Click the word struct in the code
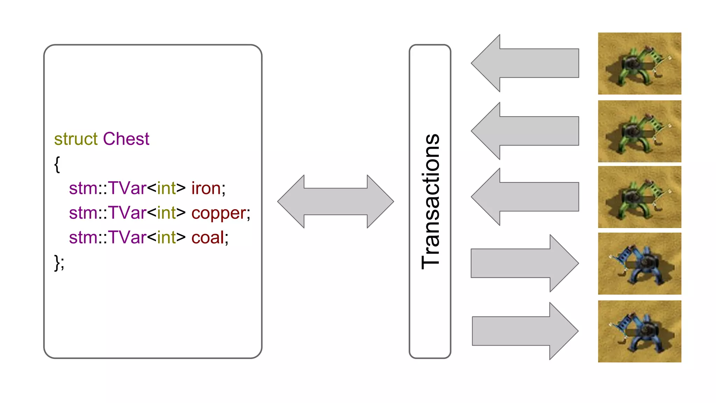(76, 139)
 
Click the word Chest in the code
(126, 139)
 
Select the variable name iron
(206, 188)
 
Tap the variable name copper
(219, 213)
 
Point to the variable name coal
(208, 238)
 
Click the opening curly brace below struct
(57, 164)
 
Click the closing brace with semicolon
(59, 262)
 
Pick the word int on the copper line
(166, 213)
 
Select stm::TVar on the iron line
(107, 188)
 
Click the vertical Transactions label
(430, 201)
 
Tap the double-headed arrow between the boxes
(336, 201)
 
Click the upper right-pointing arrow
(524, 263)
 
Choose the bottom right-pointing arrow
(524, 331)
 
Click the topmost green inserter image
(639, 63)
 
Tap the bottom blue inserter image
(639, 331)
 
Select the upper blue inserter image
(639, 263)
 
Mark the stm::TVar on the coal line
(107, 238)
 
